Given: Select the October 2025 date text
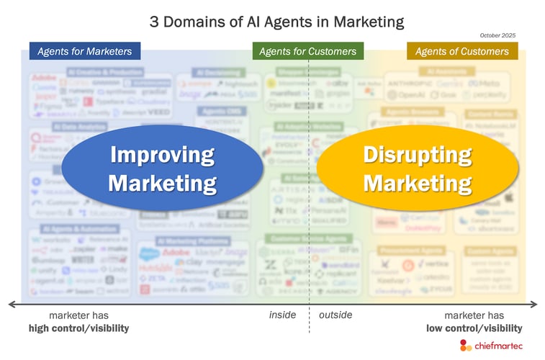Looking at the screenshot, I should pyautogui.click(x=497, y=35).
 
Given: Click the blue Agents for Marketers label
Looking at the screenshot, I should pyautogui.click(x=85, y=51).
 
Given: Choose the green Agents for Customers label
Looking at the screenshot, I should pyautogui.click(x=307, y=51).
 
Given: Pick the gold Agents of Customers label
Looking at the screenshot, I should pyautogui.click(x=462, y=51).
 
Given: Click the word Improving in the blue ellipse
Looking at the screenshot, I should pyautogui.click(x=162, y=154).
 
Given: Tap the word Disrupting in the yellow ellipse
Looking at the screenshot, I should pyautogui.click(x=418, y=154).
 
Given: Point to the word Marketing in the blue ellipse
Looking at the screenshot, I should pyautogui.click(x=162, y=182).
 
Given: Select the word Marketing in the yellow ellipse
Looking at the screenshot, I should pyautogui.click(x=418, y=182).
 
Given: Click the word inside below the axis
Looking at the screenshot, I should pyautogui.click(x=282, y=315).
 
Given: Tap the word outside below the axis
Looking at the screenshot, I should pyautogui.click(x=336, y=315).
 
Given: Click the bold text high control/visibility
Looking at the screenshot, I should pyautogui.click(x=79, y=328).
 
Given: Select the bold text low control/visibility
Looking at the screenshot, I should pyautogui.click(x=474, y=328).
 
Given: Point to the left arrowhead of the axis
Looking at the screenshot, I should pyautogui.click(x=12, y=303).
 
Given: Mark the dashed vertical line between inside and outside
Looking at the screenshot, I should pyautogui.click(x=310, y=216).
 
